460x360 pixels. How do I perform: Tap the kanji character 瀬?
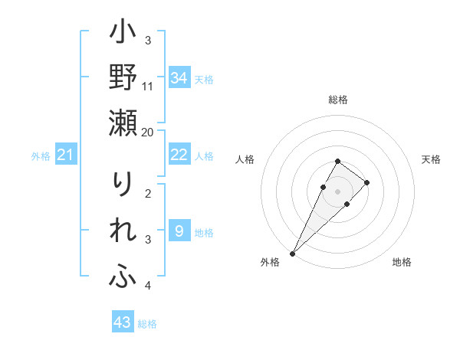click(x=123, y=123)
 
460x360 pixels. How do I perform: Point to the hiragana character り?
click(x=123, y=185)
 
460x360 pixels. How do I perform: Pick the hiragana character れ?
click(x=123, y=231)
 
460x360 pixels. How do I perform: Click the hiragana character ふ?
click(x=123, y=277)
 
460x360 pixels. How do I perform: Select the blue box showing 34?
click(x=179, y=77)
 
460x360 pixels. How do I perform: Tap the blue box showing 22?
click(x=179, y=155)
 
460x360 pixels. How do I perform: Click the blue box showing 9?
click(x=179, y=231)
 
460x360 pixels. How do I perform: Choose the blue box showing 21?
click(x=65, y=155)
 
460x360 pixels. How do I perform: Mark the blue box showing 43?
click(x=122, y=322)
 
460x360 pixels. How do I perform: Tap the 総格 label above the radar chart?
click(x=338, y=100)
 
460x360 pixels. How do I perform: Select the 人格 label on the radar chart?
click(x=245, y=159)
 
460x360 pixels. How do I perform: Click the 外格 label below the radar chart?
click(x=270, y=263)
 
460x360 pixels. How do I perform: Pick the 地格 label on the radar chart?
click(x=402, y=263)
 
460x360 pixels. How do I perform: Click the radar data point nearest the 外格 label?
click(x=293, y=253)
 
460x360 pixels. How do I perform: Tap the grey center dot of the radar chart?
click(x=338, y=191)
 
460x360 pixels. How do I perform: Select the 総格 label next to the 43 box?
click(x=147, y=324)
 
